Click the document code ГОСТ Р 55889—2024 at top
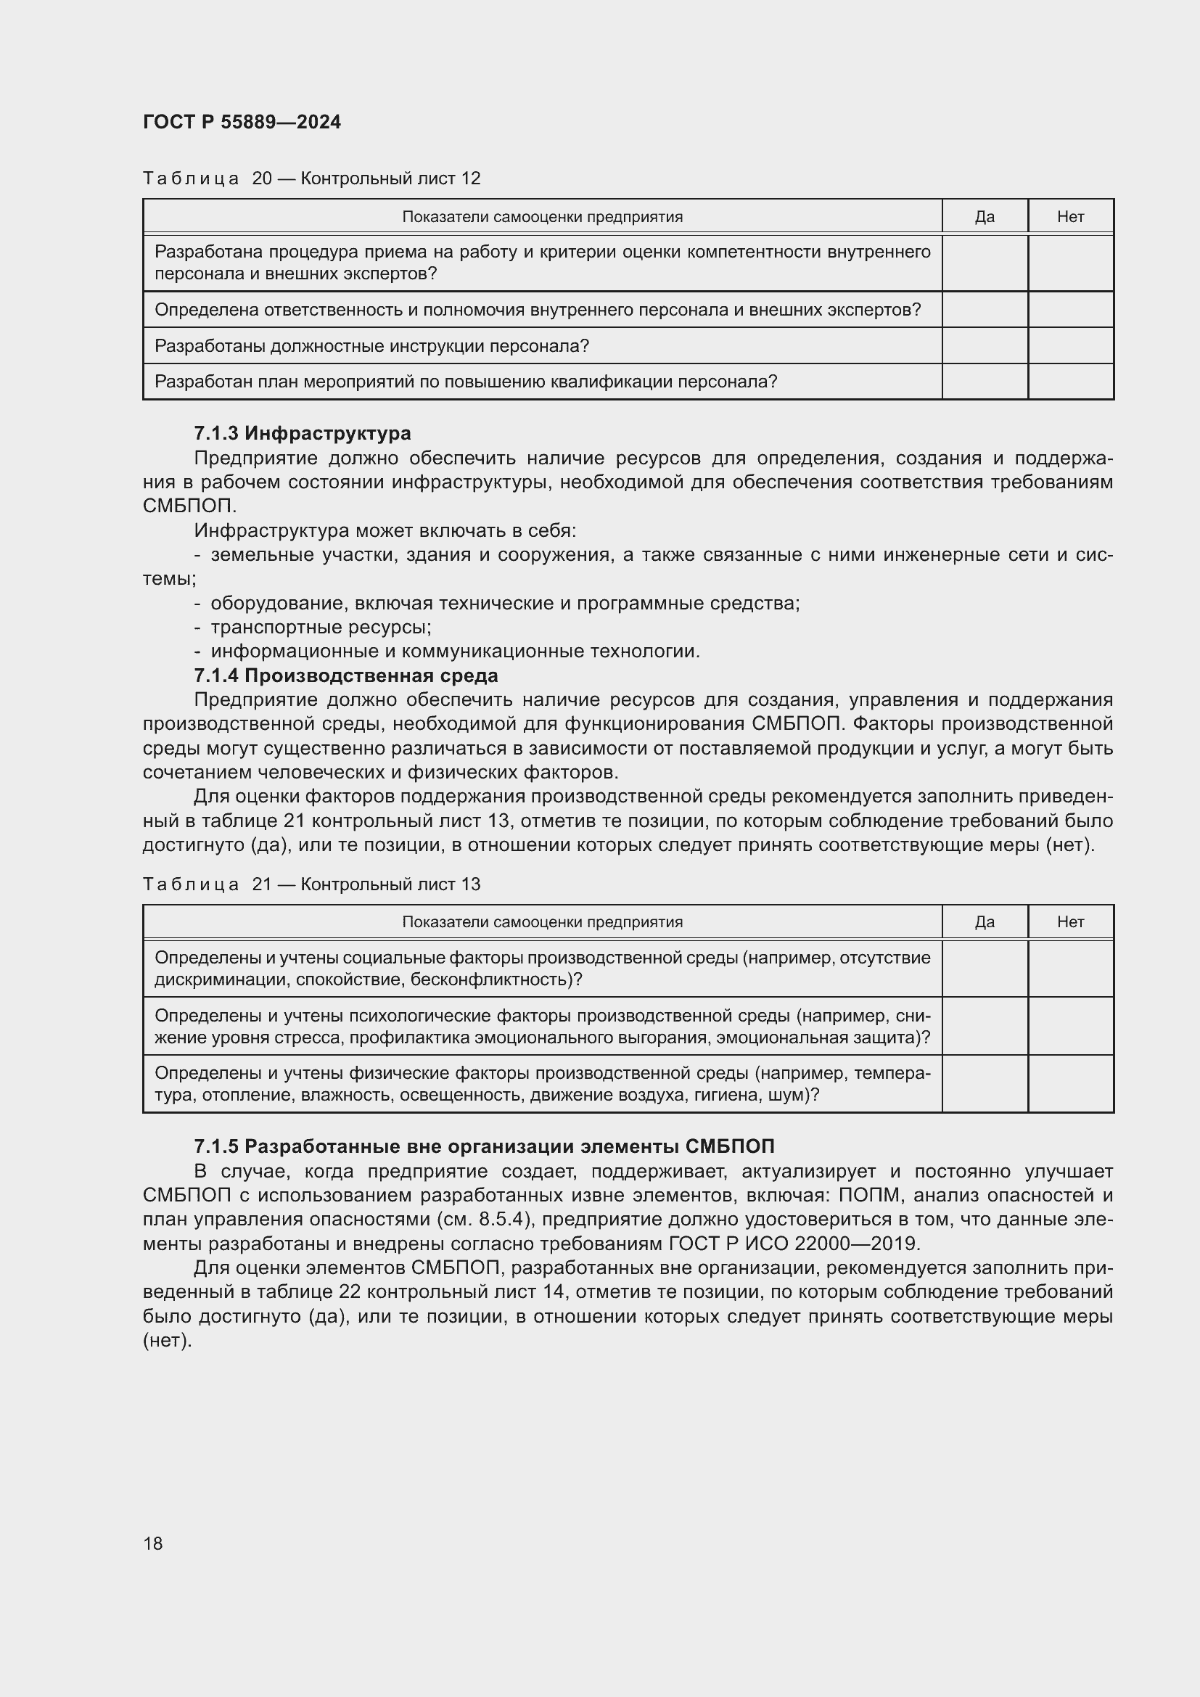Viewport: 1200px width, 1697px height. [242, 122]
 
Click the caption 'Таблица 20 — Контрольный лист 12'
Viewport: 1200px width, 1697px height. [311, 178]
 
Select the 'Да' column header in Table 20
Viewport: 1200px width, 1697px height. [985, 216]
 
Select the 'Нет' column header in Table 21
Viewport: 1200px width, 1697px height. [1070, 921]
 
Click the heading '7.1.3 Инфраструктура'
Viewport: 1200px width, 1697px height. [303, 433]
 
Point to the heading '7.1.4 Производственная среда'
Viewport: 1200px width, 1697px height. [346, 675]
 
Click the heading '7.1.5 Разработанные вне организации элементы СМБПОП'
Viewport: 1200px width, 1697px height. [484, 1146]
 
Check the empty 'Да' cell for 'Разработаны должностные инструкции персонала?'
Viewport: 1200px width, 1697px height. [985, 346]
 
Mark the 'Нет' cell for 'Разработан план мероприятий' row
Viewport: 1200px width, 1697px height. [1070, 382]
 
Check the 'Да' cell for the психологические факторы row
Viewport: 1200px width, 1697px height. [985, 1026]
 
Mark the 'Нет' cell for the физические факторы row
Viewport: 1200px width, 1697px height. [1070, 1083]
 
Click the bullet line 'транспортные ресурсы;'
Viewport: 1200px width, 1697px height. [321, 628]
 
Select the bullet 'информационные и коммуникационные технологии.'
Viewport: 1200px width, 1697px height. [454, 651]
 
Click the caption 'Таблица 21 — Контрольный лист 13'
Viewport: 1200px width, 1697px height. [311, 884]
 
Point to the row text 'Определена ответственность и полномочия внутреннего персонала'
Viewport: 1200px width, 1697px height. [537, 310]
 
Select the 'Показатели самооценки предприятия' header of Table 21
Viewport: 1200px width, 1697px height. [542, 921]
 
